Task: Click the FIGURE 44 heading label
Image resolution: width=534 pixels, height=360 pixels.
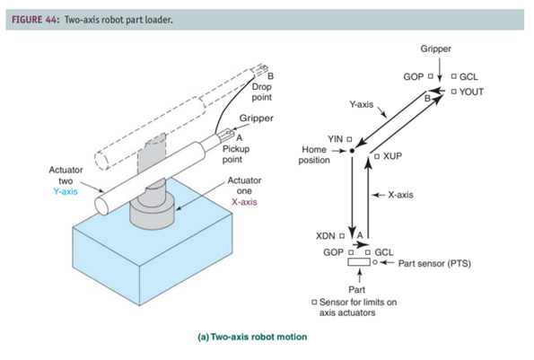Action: point(35,20)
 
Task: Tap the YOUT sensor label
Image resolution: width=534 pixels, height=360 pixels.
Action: point(471,92)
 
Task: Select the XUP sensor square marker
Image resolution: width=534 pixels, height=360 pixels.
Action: point(377,156)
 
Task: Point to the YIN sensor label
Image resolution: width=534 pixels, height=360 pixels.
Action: point(335,139)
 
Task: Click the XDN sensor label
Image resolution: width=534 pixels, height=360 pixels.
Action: point(325,236)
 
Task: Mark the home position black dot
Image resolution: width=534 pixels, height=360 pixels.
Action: point(352,151)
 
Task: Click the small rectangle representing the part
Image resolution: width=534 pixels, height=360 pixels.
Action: point(359,262)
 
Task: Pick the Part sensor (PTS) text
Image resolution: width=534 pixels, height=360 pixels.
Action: point(434,263)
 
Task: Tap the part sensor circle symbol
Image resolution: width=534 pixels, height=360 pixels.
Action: point(374,262)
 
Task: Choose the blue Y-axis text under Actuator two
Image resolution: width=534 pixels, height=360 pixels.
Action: point(66,191)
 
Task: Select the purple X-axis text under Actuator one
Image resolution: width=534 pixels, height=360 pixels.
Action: point(244,202)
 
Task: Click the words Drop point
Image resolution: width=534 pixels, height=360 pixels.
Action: point(261,92)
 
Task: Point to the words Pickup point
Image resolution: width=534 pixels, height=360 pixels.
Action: point(236,154)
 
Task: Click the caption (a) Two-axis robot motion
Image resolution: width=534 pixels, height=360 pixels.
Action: point(252,337)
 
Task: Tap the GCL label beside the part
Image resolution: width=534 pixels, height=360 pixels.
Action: point(384,252)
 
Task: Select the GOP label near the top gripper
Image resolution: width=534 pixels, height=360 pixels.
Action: point(414,77)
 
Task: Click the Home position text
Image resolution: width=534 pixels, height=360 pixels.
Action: point(314,154)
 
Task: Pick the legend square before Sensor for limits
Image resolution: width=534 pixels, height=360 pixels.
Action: point(314,303)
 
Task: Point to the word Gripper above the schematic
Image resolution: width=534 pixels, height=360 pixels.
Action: point(435,48)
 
